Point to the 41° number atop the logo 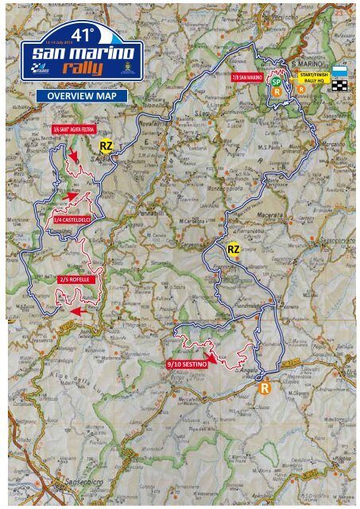(x=81, y=34)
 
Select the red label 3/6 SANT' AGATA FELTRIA (x=69, y=127)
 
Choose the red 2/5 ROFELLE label (x=77, y=280)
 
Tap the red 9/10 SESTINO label (x=188, y=363)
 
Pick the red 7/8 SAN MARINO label (x=246, y=77)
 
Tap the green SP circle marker (x=275, y=81)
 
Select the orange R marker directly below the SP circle (x=277, y=91)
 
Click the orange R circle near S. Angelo (x=265, y=388)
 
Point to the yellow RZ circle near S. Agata (x=106, y=146)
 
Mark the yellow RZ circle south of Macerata (x=233, y=250)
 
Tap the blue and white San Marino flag (x=339, y=71)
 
